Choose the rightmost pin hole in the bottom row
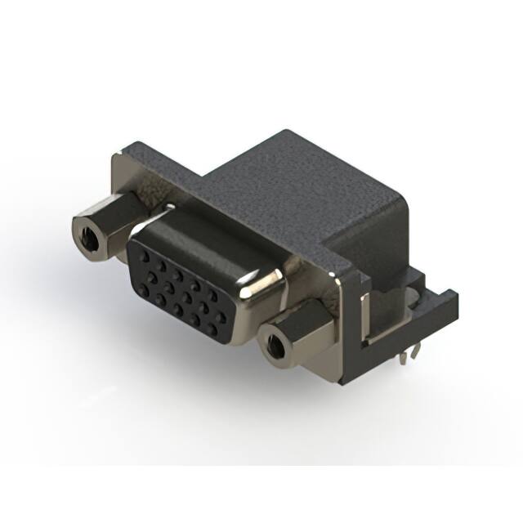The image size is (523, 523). coord(217,328)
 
